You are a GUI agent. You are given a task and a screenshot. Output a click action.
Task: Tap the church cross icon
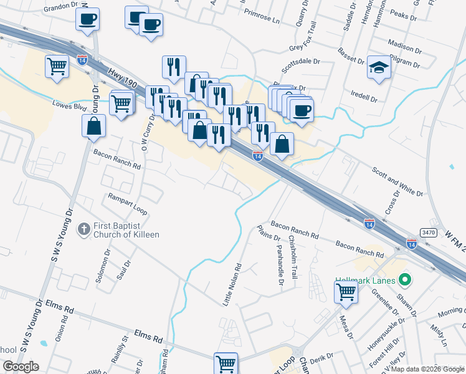coord(84,229)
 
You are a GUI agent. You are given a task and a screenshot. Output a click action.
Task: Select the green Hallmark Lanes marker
coord(405,280)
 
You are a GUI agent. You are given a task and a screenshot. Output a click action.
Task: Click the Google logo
coord(21,367)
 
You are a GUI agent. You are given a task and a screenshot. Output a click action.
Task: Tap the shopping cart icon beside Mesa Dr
coord(345,291)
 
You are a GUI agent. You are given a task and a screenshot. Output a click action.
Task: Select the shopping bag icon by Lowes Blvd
coord(93,126)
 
